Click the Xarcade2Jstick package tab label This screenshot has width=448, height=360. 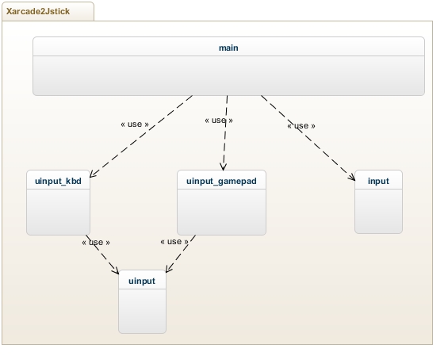click(38, 11)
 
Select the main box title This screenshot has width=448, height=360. click(228, 48)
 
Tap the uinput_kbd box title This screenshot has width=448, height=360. click(58, 181)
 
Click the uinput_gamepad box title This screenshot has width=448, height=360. click(221, 181)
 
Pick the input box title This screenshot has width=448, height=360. click(378, 181)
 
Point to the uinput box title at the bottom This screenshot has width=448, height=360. click(142, 281)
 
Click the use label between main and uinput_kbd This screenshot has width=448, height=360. click(135, 124)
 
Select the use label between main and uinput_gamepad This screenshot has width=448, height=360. click(219, 121)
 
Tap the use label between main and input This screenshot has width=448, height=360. click(301, 126)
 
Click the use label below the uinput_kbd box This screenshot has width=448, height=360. click(96, 243)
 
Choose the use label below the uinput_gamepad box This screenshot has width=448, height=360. click(174, 241)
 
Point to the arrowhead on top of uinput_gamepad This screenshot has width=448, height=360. click(223, 167)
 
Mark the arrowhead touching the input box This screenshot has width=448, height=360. click(353, 178)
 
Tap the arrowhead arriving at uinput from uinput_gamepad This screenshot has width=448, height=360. click(168, 269)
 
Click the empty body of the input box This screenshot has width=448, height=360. click(378, 211)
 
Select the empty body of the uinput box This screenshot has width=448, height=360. click(142, 311)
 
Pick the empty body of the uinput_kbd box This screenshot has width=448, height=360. click(59, 212)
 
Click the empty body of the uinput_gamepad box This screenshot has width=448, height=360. click(221, 212)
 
